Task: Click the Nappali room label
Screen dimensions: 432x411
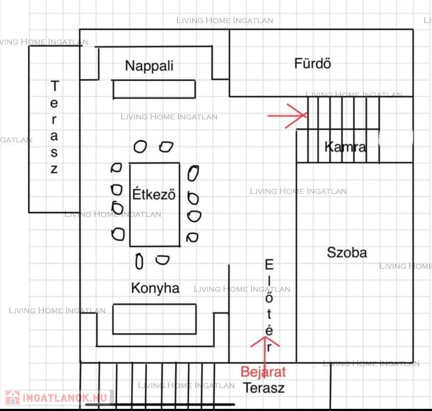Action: [x=149, y=66]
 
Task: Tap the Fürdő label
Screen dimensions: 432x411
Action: [x=313, y=63]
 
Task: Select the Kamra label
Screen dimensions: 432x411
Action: [x=345, y=147]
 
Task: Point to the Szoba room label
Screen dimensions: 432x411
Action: [x=347, y=253]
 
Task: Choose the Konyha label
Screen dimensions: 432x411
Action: [x=155, y=288]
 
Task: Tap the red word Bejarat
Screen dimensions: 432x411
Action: [x=263, y=372]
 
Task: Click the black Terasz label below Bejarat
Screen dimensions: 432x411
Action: [x=264, y=388]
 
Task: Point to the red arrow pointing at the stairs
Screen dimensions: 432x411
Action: [x=287, y=116]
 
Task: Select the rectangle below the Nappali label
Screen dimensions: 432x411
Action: [x=154, y=89]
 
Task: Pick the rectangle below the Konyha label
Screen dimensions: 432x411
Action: [x=155, y=319]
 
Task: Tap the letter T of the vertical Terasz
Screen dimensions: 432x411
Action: [x=55, y=86]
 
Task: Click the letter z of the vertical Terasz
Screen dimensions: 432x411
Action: [x=54, y=169]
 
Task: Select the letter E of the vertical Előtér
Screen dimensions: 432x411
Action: [x=269, y=264]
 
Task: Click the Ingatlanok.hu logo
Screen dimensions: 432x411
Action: [x=57, y=398]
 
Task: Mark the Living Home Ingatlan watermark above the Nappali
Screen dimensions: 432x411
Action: [x=224, y=20]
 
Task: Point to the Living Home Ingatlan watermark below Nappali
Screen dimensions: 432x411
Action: [x=169, y=117]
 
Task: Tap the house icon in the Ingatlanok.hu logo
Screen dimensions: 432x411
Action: [x=13, y=398]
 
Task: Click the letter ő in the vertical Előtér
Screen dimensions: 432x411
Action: [x=269, y=297]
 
